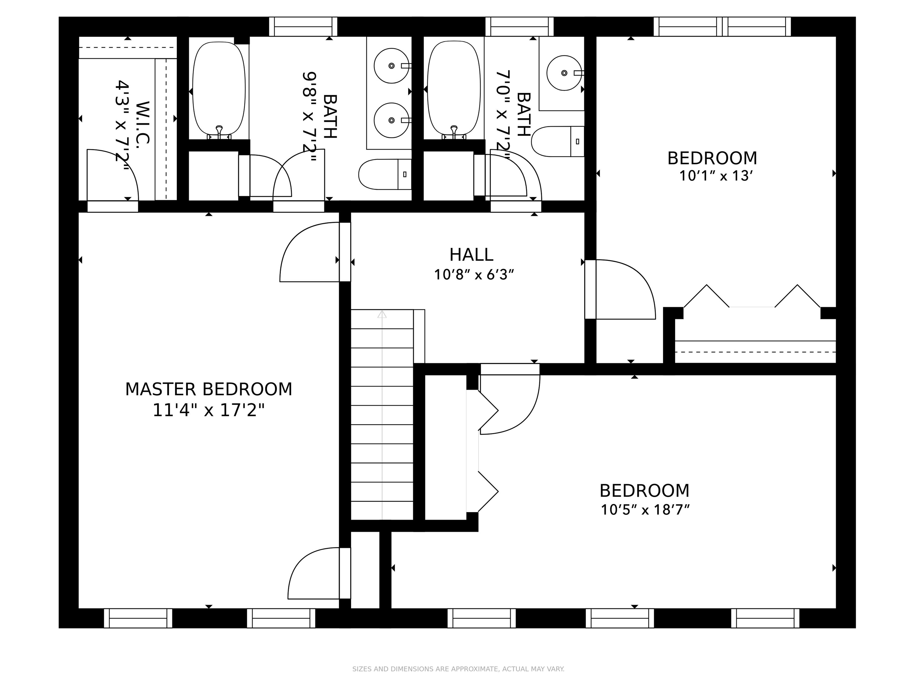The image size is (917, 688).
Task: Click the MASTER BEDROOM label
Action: pos(209,389)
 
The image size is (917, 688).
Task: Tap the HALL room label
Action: pos(471,255)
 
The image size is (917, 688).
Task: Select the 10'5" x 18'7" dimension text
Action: pos(645,510)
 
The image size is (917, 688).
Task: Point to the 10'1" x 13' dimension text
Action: pos(716,176)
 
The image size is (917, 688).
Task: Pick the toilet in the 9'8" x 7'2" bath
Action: pos(385,174)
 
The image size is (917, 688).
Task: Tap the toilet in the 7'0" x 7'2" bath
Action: pos(558,142)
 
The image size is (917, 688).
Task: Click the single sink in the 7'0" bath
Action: pos(564,73)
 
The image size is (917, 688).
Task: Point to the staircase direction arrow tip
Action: pos(382,311)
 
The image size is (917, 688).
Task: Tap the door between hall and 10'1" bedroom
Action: pos(620,289)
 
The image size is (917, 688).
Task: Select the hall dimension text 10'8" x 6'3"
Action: pos(474,274)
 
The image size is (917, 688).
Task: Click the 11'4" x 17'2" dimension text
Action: pos(209,411)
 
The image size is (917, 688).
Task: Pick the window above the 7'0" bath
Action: pos(519,27)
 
